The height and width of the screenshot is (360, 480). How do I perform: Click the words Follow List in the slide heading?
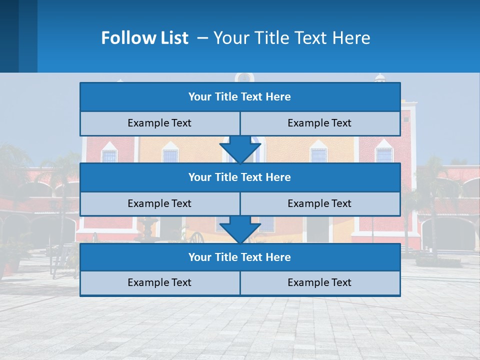coord(144,38)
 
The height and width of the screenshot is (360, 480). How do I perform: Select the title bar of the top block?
coord(240,97)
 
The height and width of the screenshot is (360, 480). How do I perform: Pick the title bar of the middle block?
coord(240,177)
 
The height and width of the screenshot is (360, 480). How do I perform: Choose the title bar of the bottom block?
coord(240,257)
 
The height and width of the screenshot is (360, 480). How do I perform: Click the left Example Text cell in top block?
coord(159,123)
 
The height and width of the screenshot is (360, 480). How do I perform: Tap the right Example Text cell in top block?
coord(319,123)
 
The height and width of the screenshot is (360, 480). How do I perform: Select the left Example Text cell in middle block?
coord(159,203)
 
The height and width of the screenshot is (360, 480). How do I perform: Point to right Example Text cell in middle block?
coord(319,203)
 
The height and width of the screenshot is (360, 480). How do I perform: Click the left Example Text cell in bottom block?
coord(159,282)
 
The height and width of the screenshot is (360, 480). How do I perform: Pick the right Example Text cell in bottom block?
coord(319,282)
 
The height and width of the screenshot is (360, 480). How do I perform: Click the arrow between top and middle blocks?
coord(240,149)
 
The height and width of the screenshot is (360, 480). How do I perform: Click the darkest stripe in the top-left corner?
coord(9,36)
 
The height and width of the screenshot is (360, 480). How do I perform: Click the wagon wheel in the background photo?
coord(196,237)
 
